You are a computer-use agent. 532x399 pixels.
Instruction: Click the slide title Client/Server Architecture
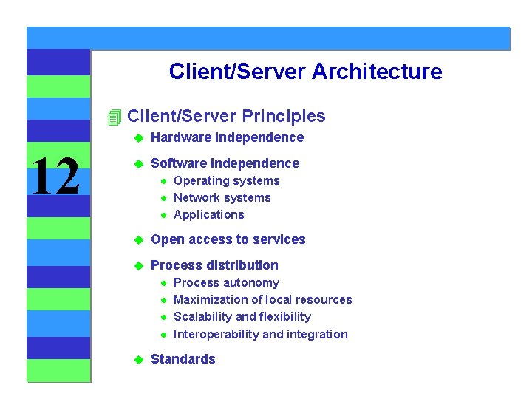tap(305, 72)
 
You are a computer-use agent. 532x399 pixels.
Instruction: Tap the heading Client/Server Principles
tap(226, 116)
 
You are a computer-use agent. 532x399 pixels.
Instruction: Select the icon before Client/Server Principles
tap(114, 117)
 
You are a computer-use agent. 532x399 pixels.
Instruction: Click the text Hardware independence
tap(227, 137)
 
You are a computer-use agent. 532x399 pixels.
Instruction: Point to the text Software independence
tap(225, 163)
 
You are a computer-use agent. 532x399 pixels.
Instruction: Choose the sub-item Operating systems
tap(226, 181)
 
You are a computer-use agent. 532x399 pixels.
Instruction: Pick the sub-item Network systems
tap(222, 198)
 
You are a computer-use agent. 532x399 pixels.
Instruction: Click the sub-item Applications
tap(208, 215)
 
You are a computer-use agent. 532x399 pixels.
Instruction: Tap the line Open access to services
tap(228, 239)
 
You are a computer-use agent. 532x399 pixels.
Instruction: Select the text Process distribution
tap(214, 265)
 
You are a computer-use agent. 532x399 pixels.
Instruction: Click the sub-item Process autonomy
tap(226, 283)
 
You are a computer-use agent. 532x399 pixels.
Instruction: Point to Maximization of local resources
tap(262, 300)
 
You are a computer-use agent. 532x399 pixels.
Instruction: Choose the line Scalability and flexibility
tap(242, 317)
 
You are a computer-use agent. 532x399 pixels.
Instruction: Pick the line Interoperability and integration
tap(260, 335)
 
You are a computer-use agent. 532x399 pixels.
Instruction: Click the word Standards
tap(183, 359)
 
